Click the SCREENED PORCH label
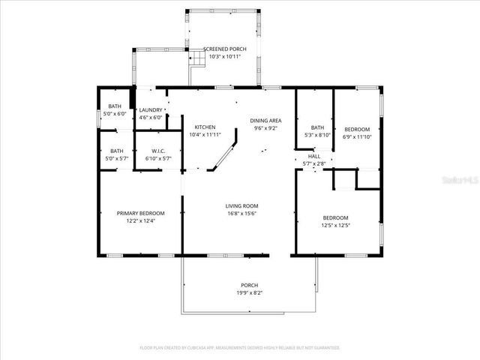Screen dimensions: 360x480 (x=226, y=50)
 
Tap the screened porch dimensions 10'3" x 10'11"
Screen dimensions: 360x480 (x=226, y=57)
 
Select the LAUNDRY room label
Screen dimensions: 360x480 (x=151, y=110)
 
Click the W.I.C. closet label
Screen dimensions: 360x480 (x=158, y=151)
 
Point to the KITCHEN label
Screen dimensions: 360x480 (x=205, y=127)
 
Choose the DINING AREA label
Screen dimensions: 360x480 (x=265, y=121)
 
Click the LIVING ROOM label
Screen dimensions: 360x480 (x=241, y=206)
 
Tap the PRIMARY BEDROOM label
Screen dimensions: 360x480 (x=140, y=213)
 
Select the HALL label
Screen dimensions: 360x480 (x=314, y=156)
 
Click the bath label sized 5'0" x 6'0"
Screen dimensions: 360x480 (x=115, y=106)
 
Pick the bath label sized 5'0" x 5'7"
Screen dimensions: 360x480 (x=117, y=151)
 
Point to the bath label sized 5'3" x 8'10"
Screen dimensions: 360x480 (x=317, y=127)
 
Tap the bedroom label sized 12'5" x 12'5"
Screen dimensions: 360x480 (x=335, y=217)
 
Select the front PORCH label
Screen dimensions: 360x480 (x=249, y=285)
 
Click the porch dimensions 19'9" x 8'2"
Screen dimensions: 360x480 (x=249, y=292)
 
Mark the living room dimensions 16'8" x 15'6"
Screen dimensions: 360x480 (x=241, y=214)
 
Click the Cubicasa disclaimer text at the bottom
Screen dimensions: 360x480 (x=240, y=348)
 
